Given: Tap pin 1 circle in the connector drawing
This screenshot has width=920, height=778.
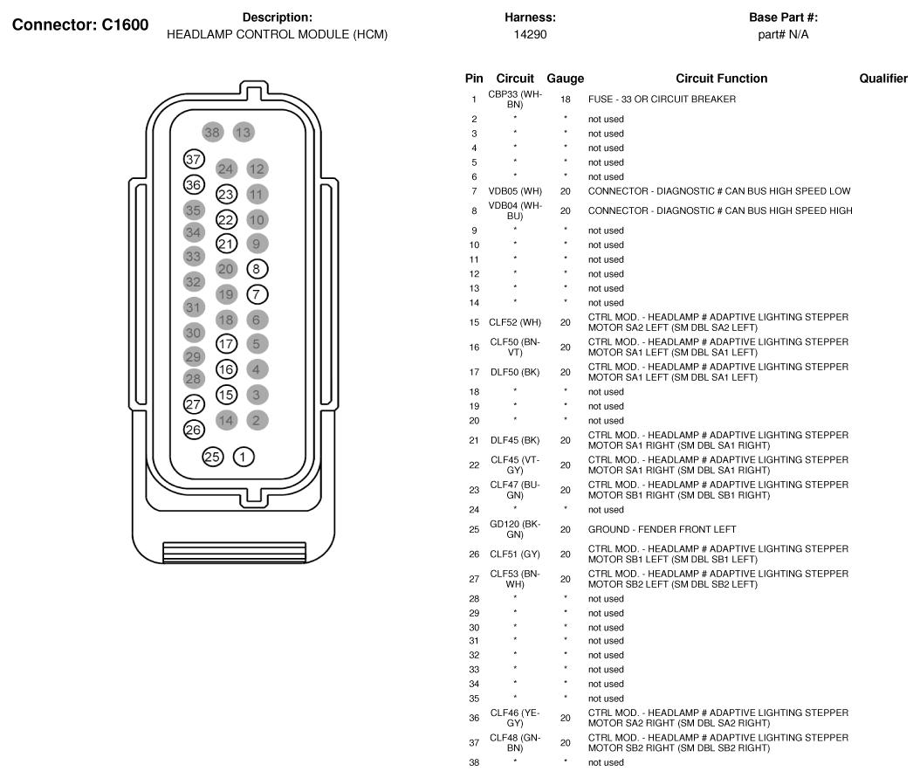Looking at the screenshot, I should [x=244, y=456].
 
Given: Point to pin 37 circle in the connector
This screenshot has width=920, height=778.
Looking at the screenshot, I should [x=194, y=159].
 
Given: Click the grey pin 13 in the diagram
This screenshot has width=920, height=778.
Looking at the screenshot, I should [x=244, y=133].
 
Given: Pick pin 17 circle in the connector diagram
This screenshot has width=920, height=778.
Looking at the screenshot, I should [x=226, y=344].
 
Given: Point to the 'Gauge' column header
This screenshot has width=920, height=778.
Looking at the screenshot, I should [x=565, y=79].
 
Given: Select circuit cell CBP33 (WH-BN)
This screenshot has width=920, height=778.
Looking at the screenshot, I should [x=515, y=99].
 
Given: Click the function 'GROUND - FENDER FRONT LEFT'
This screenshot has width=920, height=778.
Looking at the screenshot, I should [x=649, y=530].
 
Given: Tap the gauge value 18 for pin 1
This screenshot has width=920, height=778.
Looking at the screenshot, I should [x=566, y=100].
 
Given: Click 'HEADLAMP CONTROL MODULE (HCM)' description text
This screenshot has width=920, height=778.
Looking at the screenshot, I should [x=277, y=35].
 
